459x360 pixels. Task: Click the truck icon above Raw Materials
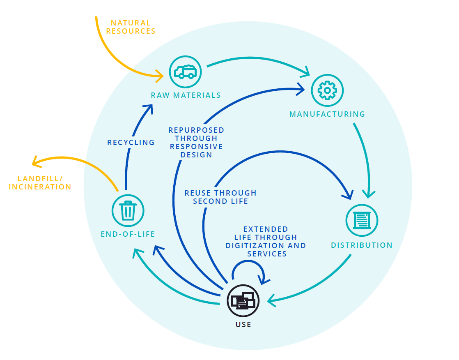coord(185,72)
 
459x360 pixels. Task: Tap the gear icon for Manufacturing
coord(327,90)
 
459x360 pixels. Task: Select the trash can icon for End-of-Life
coord(128,210)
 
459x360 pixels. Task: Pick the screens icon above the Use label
coord(243,301)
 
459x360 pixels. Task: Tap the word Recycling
coord(131,143)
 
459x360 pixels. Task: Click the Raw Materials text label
coord(186,95)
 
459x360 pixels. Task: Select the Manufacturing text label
coord(327,114)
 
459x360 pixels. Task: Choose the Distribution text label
coord(362,245)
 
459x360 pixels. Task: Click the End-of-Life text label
coord(128,234)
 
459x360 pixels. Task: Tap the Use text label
coord(243,325)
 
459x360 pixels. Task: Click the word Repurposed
coord(196,130)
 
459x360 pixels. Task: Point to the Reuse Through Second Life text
coord(220,197)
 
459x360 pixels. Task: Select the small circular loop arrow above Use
coord(247,270)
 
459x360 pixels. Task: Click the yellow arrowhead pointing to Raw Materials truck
coord(160,75)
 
